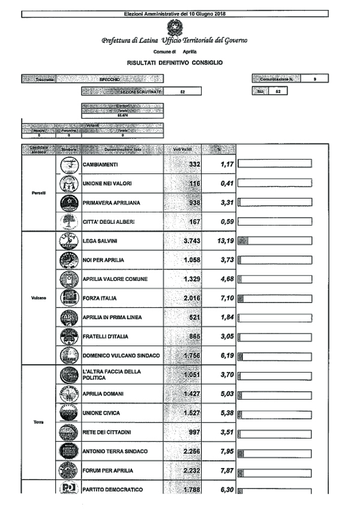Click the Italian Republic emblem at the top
pos(174,27)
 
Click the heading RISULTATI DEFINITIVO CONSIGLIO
pos(175,62)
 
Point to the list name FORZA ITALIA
pos(100,298)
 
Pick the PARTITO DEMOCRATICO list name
pos(113,490)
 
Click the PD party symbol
pos(70,488)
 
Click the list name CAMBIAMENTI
pos(100,164)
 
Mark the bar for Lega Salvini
pos(275,241)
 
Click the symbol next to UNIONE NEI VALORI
pos(70,184)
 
